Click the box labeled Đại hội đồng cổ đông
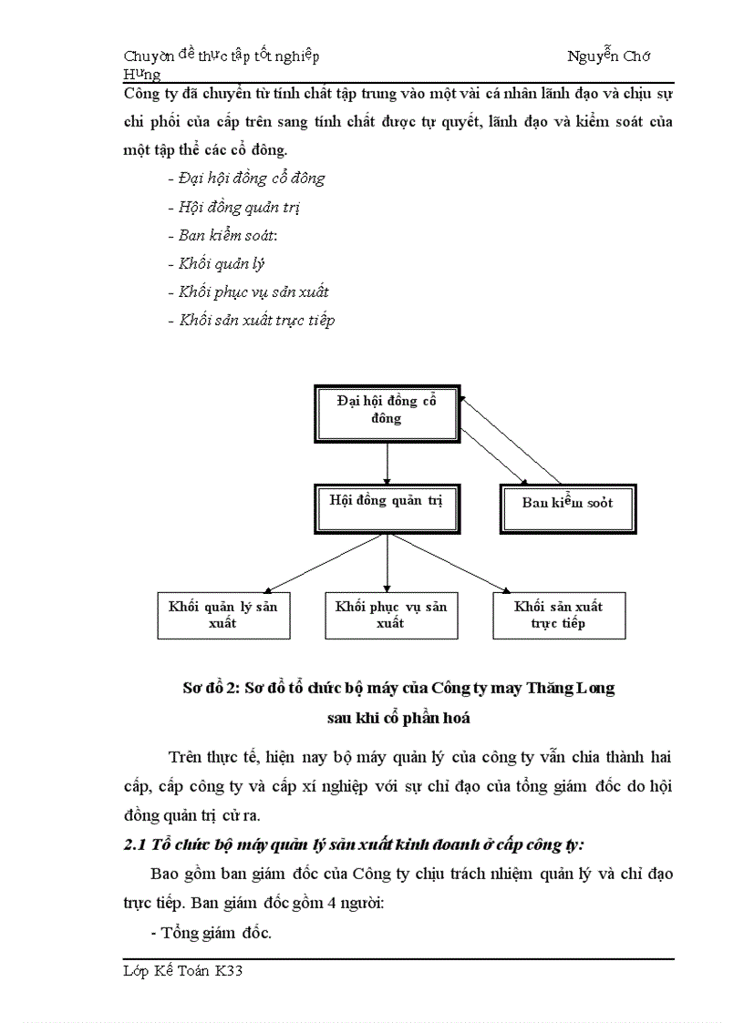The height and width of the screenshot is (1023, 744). [387, 411]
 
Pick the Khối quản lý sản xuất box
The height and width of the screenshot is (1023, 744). [222, 615]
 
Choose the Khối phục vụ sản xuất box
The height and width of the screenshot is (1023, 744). [390, 615]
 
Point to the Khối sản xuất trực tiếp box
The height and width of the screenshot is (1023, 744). [558, 615]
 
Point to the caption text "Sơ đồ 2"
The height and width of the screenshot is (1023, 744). [209, 689]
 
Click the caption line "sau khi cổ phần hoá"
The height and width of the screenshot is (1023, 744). [398, 718]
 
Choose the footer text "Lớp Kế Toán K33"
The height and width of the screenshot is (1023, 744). [183, 972]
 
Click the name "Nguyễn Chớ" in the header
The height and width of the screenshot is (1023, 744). [608, 56]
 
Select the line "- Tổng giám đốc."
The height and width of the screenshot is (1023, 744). [210, 932]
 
